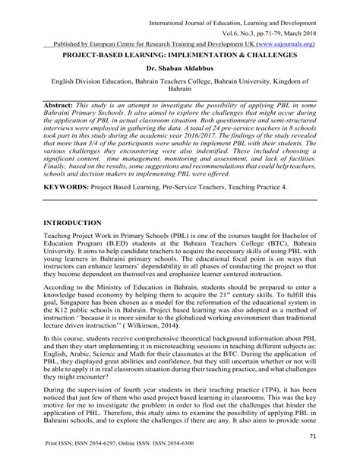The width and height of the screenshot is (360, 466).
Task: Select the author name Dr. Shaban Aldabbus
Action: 179,68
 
